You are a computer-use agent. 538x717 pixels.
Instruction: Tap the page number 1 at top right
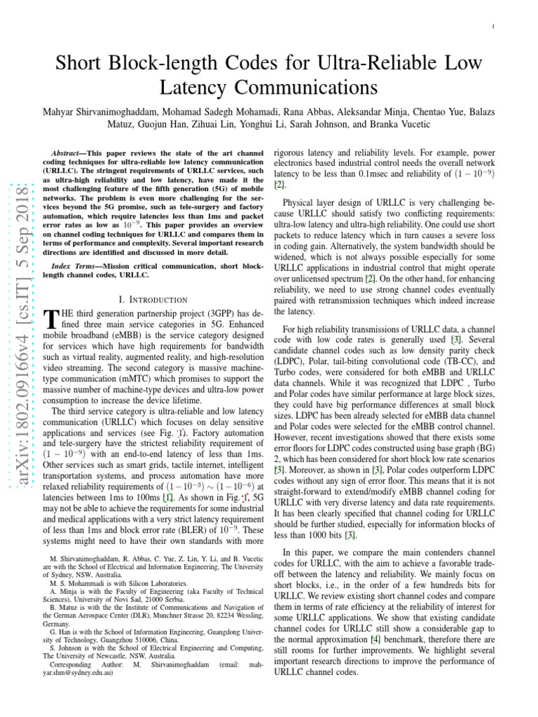pos(494,27)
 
